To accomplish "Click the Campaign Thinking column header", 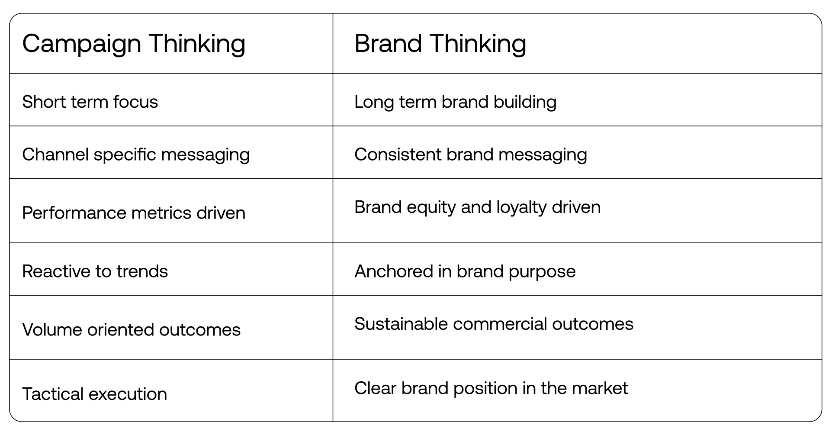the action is pos(134,44).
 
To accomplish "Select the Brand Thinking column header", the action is pos(440,44).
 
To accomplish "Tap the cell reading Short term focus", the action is pos(90,102).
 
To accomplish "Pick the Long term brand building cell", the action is pos(455,102).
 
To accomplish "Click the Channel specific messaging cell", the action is pos(136,155).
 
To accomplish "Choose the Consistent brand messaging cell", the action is pos(470,155).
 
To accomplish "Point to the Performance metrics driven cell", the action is pos(134,213).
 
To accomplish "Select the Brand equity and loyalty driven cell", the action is pos(477,207).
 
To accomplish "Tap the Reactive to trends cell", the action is pos(95,271).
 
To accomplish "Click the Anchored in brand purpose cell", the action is pos(465,271).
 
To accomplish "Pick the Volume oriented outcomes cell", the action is pos(131,330).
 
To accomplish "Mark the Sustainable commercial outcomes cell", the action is pos(494,324).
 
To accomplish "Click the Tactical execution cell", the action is pos(94,394).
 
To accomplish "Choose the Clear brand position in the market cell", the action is pos(491,388).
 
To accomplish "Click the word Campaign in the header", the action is pos(82,44).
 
